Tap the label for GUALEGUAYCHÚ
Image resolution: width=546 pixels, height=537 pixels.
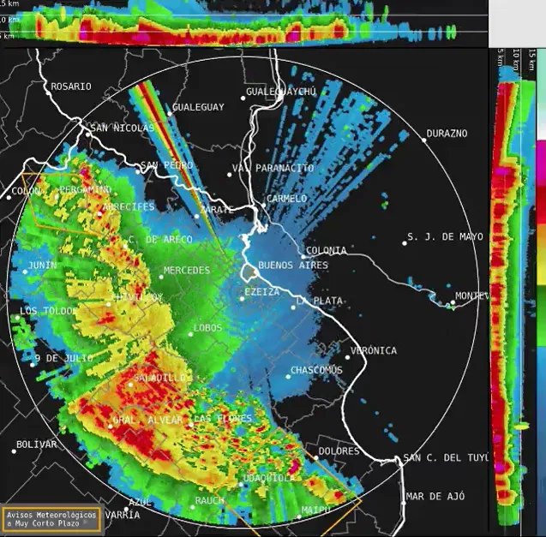(281, 92)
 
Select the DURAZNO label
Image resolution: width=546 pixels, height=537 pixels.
(447, 134)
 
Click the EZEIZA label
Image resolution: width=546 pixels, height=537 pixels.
(261, 292)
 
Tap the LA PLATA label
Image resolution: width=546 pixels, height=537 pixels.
(320, 301)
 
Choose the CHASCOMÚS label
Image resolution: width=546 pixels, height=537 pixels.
(316, 370)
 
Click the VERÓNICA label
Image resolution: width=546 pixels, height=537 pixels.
(373, 350)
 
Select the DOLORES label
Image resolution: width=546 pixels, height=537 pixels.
(338, 450)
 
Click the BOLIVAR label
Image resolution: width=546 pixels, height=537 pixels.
(36, 445)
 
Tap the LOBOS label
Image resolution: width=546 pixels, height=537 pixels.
(207, 328)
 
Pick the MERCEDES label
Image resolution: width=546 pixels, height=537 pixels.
(186, 271)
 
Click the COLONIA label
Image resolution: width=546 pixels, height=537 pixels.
(326, 251)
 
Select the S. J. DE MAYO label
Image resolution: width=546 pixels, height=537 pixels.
(445, 237)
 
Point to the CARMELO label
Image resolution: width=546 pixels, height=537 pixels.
(286, 199)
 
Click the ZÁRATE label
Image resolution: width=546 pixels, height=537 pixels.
(215, 209)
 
